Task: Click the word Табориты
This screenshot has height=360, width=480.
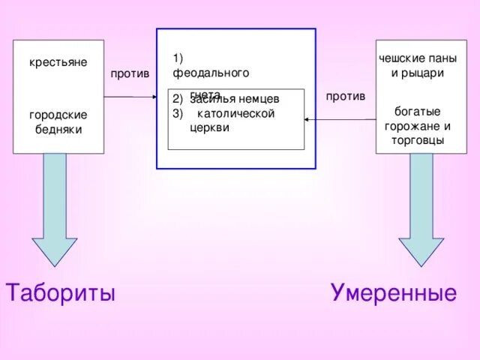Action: coord(61,292)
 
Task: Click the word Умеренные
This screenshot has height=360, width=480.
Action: coord(393,292)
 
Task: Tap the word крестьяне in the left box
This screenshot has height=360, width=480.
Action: coord(58,61)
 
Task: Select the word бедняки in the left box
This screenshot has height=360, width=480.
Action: coord(58,129)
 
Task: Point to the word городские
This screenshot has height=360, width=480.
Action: coord(58,115)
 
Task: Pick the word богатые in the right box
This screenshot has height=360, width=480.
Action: coord(417,111)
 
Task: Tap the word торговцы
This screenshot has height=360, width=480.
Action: coord(418,139)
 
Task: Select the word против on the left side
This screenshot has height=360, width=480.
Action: coord(130,73)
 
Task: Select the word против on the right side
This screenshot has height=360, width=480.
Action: coord(346,96)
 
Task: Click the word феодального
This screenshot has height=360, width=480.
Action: coord(211,73)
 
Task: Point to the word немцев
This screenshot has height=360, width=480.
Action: coord(259,99)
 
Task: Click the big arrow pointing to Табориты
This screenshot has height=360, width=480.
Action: coord(54,210)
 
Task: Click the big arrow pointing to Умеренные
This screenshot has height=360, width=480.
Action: coord(421,210)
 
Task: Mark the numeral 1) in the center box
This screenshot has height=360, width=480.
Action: coord(178,58)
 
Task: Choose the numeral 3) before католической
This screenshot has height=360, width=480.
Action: coord(178,113)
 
